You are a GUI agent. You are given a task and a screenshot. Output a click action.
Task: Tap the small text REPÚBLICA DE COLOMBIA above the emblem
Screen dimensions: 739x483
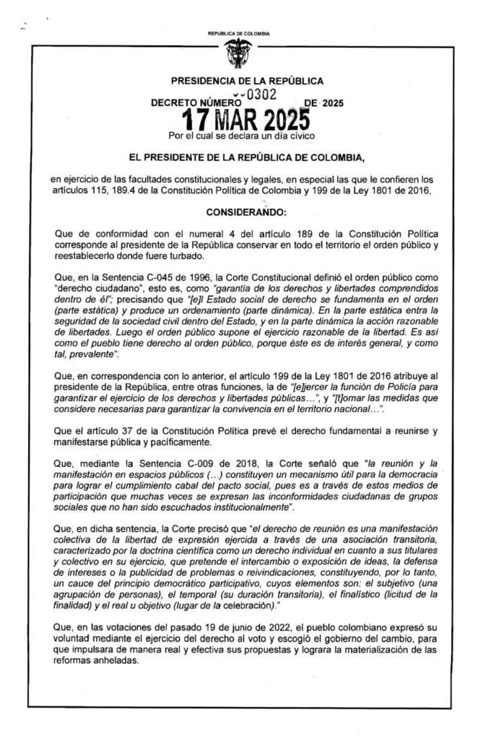(238, 34)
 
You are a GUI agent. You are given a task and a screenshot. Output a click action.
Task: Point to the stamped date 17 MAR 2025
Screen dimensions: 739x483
(247, 118)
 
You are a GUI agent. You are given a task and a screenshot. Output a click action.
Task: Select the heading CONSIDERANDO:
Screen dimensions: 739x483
(246, 214)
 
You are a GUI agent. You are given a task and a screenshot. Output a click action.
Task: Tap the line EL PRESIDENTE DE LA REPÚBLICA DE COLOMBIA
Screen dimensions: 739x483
(246, 156)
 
